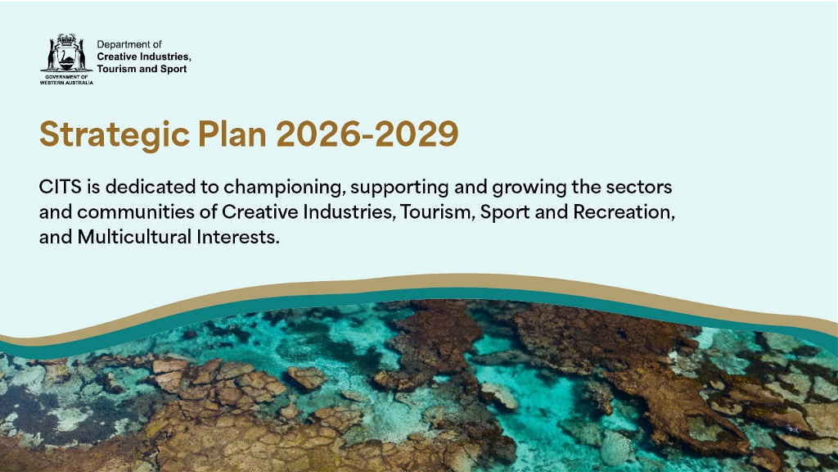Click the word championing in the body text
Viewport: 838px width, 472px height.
pyautogui.click(x=272, y=187)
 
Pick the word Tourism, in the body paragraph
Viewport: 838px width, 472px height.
pyautogui.click(x=437, y=212)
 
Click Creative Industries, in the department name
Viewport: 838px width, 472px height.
pyautogui.click(x=144, y=57)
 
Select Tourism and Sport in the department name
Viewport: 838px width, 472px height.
pyautogui.click(x=142, y=69)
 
